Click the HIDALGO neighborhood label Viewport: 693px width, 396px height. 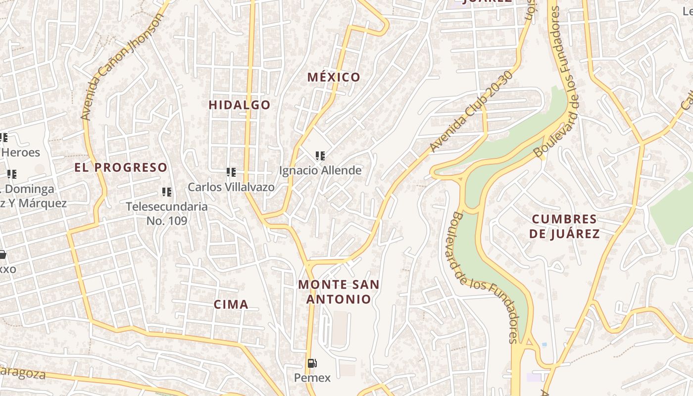pyautogui.click(x=240, y=105)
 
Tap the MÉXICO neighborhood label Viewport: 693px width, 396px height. pyautogui.click(x=334, y=77)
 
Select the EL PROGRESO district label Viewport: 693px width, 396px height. pyautogui.click(x=121, y=167)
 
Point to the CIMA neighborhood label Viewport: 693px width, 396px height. pyautogui.click(x=231, y=304)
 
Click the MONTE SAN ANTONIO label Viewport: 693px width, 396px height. pyautogui.click(x=339, y=292)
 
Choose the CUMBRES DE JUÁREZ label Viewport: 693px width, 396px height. pyautogui.click(x=564, y=226)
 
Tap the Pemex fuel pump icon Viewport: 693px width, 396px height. pyautogui.click(x=312, y=364)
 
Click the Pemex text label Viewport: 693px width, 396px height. pyautogui.click(x=312, y=378)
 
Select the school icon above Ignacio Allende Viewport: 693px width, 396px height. pyautogui.click(x=320, y=156)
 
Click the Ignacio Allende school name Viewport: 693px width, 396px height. pyautogui.click(x=320, y=171)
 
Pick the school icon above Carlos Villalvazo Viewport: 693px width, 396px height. pyautogui.click(x=231, y=172)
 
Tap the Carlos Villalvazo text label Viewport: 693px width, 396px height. pyautogui.click(x=231, y=187)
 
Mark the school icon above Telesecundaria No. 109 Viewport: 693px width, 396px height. pyautogui.click(x=167, y=192)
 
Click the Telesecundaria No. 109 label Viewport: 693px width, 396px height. pyautogui.click(x=167, y=213)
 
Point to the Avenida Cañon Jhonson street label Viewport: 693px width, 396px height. pyautogui.click(x=122, y=67)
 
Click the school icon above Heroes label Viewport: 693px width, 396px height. pyautogui.click(x=3, y=137)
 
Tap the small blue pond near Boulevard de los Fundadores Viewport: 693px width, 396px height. pyautogui.click(x=544, y=344)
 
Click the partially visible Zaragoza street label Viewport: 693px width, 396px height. pyautogui.click(x=22, y=372)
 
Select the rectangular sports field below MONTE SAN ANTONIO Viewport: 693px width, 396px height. pyautogui.click(x=340, y=328)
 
